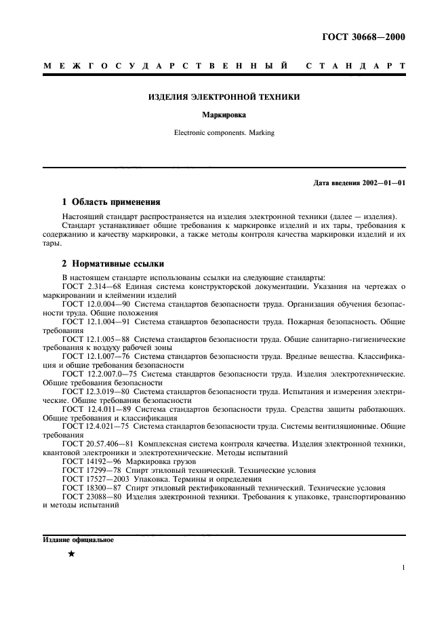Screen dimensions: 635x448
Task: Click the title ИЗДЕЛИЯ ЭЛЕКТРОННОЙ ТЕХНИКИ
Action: (224, 97)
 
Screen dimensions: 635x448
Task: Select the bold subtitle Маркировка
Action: (224, 115)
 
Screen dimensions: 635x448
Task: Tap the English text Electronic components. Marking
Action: (224, 133)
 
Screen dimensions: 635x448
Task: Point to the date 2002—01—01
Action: (382, 183)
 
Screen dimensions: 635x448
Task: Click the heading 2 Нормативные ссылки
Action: (113, 263)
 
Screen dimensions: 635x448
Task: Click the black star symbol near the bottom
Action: (71, 554)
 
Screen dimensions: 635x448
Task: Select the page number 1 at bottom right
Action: (403, 569)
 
